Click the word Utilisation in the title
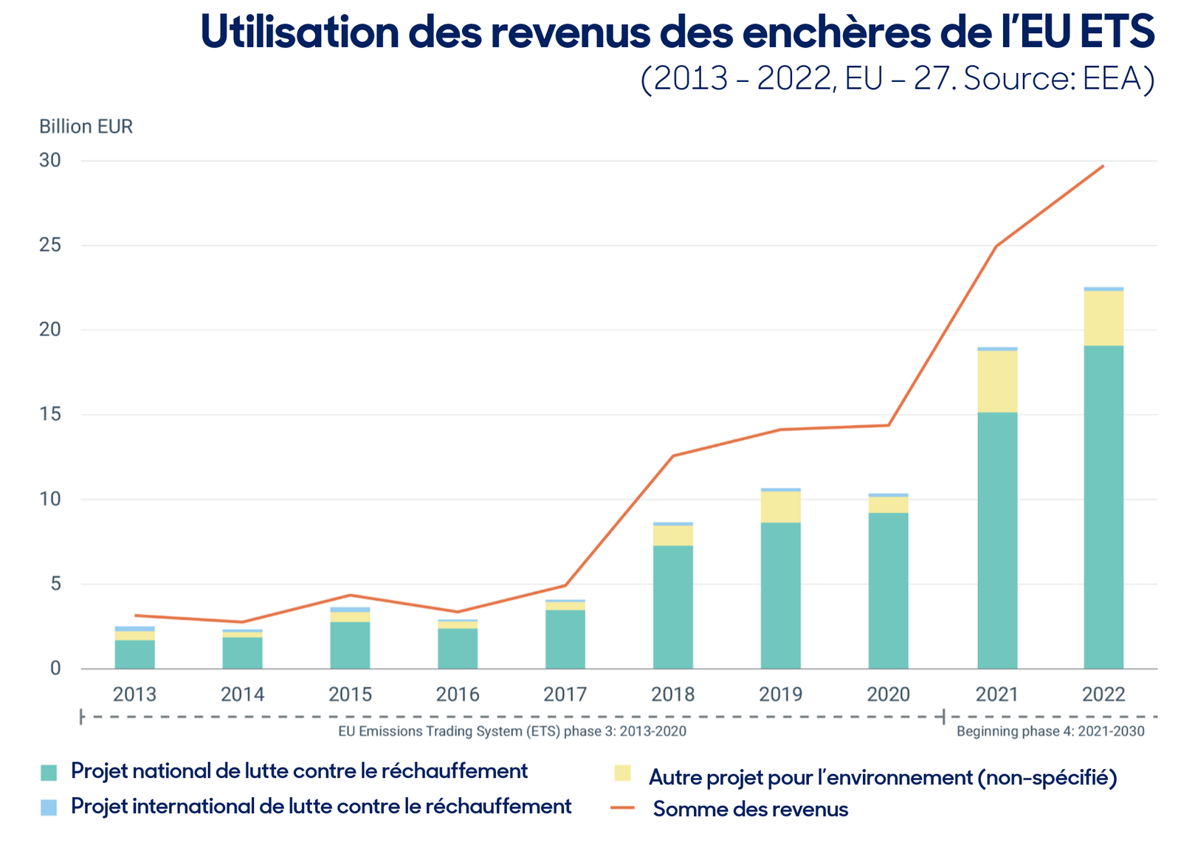coord(300,32)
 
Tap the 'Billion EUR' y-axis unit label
coord(86,126)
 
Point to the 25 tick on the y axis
coord(50,245)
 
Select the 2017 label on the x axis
coord(565,694)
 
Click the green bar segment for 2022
coord(1103,507)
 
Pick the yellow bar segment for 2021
coord(997,382)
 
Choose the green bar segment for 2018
coord(672,607)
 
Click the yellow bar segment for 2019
coord(780,507)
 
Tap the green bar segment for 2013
coord(135,655)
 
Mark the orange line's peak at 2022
coord(1103,166)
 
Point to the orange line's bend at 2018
coord(672,456)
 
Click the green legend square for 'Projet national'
coord(49,773)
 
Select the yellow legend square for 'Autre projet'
coord(622,773)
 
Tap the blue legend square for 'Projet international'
coord(49,807)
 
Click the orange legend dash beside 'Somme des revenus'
coord(622,807)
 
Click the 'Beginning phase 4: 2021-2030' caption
coord(1051,731)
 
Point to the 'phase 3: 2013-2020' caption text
coord(624,731)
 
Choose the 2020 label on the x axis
coord(889,694)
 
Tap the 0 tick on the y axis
coord(55,669)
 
